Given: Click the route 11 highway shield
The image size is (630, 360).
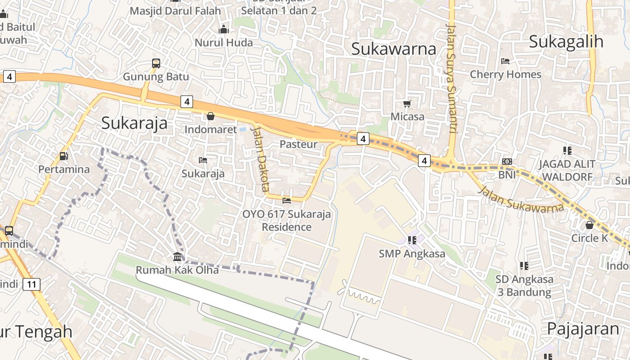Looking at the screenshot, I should point(31,284).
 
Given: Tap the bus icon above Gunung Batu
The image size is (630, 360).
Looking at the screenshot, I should point(156,63).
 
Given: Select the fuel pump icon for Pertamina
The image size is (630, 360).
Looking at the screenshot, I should point(64,157).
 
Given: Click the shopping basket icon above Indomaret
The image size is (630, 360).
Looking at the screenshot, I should point(210,117).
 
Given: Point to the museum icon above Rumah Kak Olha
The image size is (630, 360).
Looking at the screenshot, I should point(177,257).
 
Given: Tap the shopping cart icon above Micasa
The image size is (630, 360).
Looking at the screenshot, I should point(407,104).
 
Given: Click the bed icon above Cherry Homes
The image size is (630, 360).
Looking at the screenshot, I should point(505,61).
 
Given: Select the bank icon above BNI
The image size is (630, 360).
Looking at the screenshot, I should point(507,162).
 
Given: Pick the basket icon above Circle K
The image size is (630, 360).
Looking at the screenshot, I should point(589,225).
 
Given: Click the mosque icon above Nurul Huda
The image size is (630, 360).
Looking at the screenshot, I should point(224,30).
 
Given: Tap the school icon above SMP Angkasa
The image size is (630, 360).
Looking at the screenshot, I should point(412,241).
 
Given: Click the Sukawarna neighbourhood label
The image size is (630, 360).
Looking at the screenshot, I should point(394,49).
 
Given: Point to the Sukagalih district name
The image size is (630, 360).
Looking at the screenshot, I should point(566,41).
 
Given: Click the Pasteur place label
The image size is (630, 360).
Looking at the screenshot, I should point(298,144).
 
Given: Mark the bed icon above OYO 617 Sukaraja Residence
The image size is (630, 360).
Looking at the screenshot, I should point(286,200).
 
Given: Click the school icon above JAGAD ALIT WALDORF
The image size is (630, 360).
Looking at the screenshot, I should point(567,150).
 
